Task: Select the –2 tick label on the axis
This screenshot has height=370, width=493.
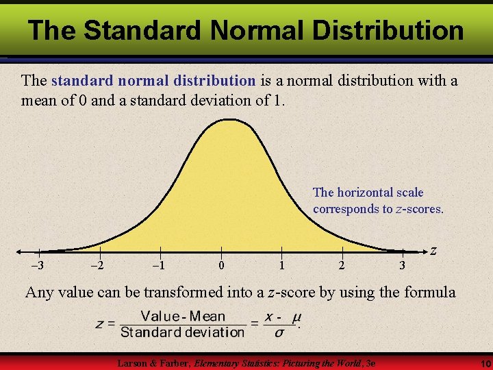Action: pyautogui.click(x=98, y=266)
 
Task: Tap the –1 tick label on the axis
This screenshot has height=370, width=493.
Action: pyautogui.click(x=159, y=266)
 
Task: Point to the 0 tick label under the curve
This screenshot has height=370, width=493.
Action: pyautogui.click(x=220, y=266)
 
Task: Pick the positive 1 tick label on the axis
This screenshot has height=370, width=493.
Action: pyautogui.click(x=281, y=266)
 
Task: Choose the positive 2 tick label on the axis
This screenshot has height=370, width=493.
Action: pyautogui.click(x=342, y=266)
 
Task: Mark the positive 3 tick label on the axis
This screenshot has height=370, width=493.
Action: pyautogui.click(x=403, y=266)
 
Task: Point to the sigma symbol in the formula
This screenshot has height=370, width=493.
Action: pyautogui.click(x=279, y=332)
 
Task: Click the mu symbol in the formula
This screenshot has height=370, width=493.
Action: pyautogui.click(x=296, y=317)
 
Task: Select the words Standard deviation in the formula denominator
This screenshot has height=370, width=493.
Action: pyautogui.click(x=182, y=332)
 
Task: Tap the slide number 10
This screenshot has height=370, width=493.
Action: pyautogui.click(x=482, y=362)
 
